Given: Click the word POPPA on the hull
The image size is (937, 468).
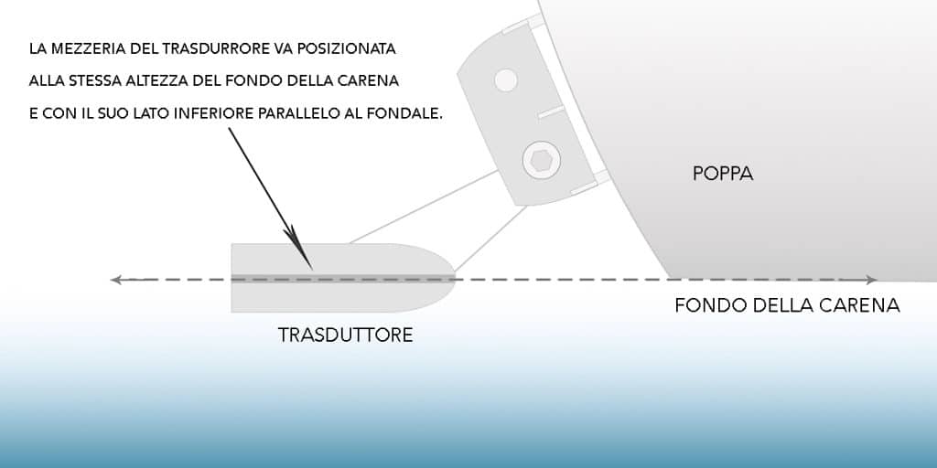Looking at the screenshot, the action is point(723,174).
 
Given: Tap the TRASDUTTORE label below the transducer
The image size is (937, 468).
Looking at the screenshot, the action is point(345,335).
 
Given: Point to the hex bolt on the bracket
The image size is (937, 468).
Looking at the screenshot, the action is point(542,161).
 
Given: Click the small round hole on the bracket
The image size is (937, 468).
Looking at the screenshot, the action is point(506,80).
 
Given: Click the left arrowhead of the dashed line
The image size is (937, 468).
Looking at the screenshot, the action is point(117,280).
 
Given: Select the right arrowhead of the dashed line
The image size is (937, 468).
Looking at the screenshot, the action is point(871,280).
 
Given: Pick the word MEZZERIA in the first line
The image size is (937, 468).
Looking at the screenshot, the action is point(81,49).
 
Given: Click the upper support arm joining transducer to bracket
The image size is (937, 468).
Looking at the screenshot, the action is point(425,207).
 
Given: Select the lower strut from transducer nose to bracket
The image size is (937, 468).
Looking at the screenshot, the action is point(490,238).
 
